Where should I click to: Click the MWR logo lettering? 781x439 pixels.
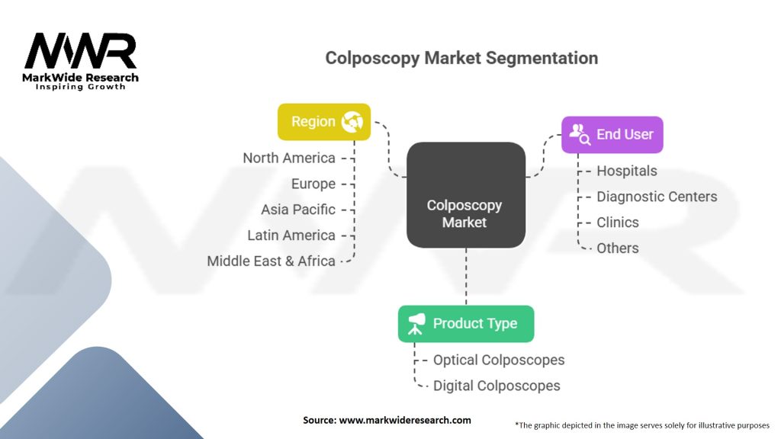(80, 51)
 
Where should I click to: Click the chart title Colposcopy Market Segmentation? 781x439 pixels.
(461, 58)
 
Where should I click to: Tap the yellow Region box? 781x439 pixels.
(323, 122)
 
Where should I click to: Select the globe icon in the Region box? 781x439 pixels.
(352, 122)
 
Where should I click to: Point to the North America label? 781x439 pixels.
(289, 158)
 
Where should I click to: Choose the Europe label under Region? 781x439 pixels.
(313, 184)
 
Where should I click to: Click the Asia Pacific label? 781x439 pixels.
(298, 210)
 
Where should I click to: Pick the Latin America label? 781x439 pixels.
(291, 235)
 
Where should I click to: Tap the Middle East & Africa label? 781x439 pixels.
(271, 261)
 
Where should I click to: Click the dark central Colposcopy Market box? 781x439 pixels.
(466, 195)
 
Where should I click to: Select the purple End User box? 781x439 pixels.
(612, 135)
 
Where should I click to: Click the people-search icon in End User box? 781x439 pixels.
(580, 134)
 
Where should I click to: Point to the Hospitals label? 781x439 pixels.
(627, 171)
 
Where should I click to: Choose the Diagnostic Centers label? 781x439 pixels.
(657, 197)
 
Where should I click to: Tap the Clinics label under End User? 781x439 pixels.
(618, 223)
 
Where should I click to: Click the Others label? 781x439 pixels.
(618, 248)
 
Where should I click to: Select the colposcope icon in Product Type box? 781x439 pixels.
(416, 323)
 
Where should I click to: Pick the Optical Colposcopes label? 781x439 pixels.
(499, 360)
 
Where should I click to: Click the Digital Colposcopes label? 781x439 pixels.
(497, 386)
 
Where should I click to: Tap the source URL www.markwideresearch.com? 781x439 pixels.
(405, 420)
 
